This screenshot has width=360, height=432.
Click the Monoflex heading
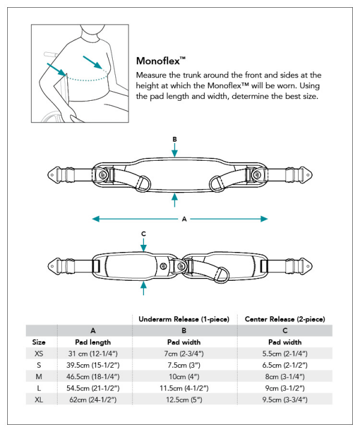pos(161,61)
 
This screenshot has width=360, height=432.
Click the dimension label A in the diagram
pos(184,219)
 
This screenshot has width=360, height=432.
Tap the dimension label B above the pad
pos(175,139)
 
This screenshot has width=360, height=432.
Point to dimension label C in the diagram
pos(143,233)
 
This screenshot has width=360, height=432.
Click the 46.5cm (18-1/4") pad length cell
pos(94,376)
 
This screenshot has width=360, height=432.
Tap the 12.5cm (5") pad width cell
pos(184,399)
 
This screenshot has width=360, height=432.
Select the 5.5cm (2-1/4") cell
pos(285,354)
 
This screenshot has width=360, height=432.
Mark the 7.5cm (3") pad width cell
pos(184,365)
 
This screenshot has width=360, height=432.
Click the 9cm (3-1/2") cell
pos(285,388)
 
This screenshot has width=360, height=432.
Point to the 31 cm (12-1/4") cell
pos(94,354)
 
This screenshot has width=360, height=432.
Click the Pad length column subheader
pos(94,342)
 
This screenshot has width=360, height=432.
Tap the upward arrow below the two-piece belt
pos(143,289)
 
